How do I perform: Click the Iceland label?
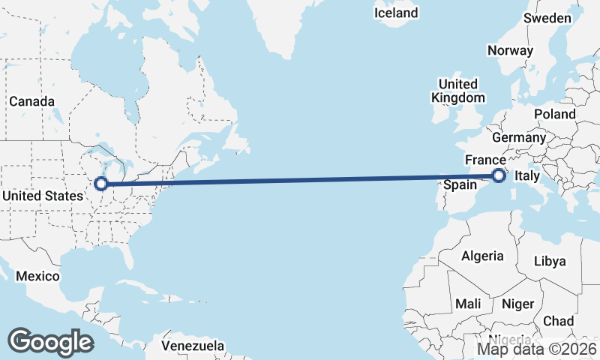[x=396, y=13]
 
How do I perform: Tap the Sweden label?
[x=547, y=39]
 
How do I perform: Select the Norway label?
[x=510, y=51]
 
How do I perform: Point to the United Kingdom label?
[x=457, y=91]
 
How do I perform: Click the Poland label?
[x=554, y=114]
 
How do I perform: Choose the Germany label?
[x=519, y=138]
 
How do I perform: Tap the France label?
[x=485, y=160]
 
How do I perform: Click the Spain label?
[x=460, y=184]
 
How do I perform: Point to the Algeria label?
[x=482, y=256]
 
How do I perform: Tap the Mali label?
[x=468, y=304]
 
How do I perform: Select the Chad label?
[x=558, y=321]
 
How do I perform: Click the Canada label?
[x=31, y=101]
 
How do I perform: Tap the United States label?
[x=43, y=196]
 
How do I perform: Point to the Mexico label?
[x=37, y=276]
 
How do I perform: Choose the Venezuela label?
[x=193, y=346]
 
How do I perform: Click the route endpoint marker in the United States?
[x=100, y=183]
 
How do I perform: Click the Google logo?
[x=50, y=342]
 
